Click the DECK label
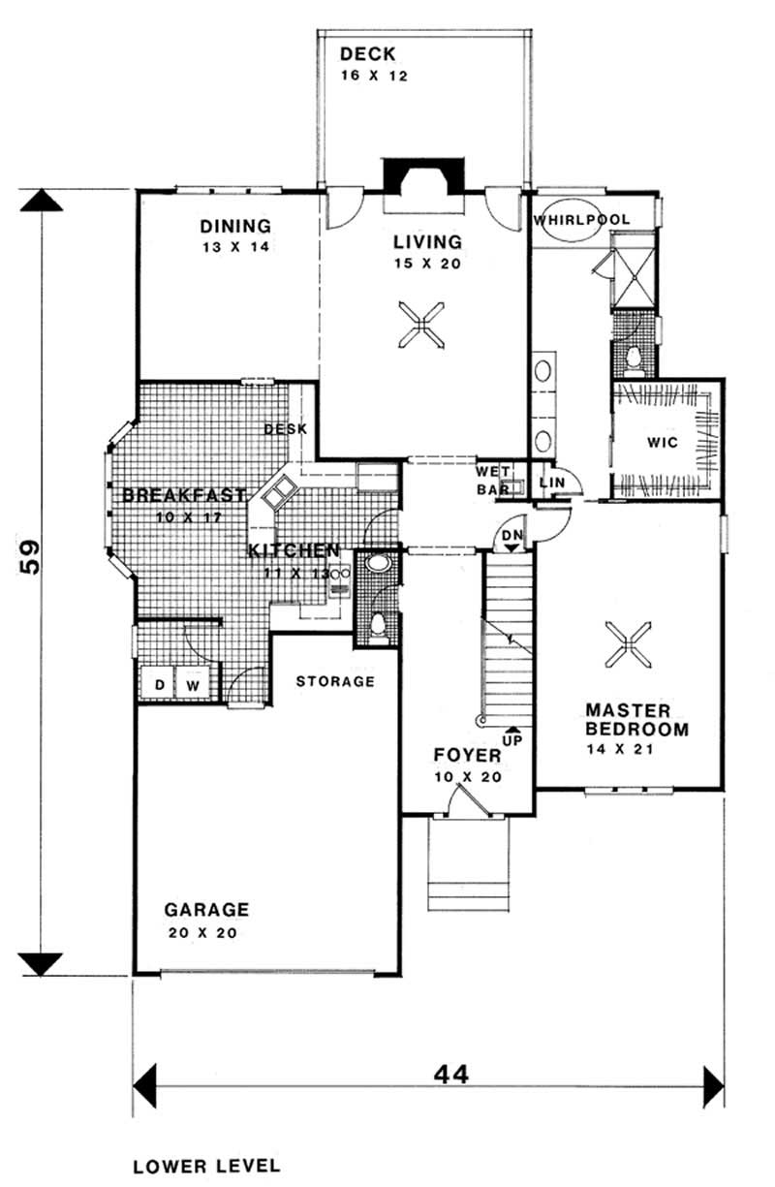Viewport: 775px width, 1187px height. tap(367, 54)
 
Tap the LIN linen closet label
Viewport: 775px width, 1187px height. tap(552, 482)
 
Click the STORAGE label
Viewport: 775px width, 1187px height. tap(335, 681)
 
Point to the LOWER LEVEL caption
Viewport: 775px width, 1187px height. tap(206, 1164)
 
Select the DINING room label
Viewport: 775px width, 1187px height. tap(235, 227)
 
